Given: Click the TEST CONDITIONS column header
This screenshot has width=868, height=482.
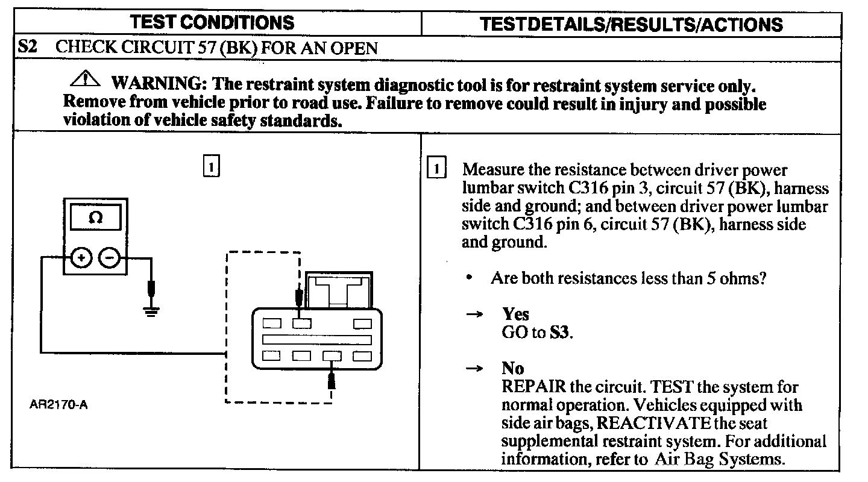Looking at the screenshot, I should point(212,23).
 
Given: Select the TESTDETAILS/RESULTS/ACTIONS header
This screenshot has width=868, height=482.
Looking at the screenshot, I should point(631,24).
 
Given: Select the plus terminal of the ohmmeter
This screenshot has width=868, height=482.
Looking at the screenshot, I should point(81,258).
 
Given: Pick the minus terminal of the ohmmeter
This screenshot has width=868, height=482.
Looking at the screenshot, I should point(109,258).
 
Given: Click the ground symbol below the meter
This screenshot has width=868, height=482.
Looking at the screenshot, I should point(151,310).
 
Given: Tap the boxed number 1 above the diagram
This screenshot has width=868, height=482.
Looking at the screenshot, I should point(211,166).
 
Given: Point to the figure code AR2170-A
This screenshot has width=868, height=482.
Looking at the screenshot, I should point(58,404).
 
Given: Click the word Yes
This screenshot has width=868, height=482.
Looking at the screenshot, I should point(515,314).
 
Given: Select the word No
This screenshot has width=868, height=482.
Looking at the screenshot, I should point(512,368).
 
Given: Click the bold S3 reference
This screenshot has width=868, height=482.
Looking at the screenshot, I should point(559,333).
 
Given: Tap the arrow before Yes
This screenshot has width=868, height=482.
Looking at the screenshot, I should point(475,314).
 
